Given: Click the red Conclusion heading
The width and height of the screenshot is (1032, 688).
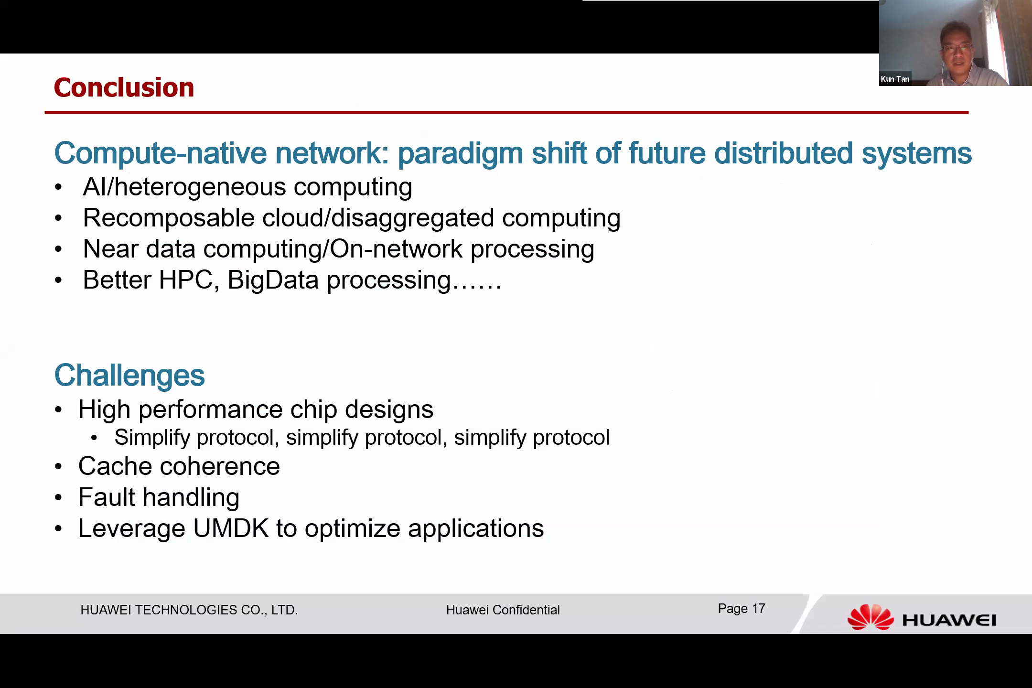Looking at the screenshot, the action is click(124, 87).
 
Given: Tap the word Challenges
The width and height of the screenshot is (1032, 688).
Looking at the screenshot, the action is click(129, 375).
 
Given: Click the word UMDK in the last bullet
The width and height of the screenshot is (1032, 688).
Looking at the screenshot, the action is click(231, 528).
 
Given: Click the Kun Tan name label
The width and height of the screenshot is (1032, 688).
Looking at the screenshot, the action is click(895, 79).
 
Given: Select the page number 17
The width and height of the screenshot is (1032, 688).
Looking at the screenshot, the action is click(759, 608).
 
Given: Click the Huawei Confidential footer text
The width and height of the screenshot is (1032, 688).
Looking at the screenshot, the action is click(503, 610).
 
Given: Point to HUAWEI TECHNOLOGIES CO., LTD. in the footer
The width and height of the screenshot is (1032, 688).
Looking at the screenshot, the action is click(189, 610).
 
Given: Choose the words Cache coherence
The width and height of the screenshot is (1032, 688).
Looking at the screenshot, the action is click(179, 466).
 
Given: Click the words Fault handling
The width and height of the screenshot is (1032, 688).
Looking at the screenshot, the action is click(159, 497).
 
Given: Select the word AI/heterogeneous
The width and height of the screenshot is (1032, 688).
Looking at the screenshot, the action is click(184, 187).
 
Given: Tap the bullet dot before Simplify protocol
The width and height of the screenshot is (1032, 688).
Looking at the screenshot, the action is click(94, 438).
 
